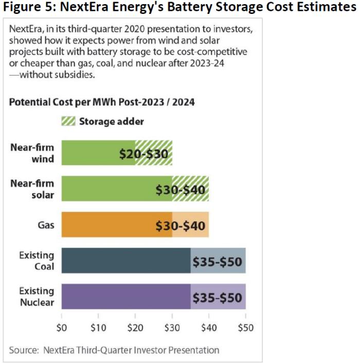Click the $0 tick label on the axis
(x=62, y=326)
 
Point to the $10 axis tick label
(x=98, y=326)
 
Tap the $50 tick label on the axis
(x=245, y=326)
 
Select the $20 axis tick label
(x=135, y=326)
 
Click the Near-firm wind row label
(x=40, y=153)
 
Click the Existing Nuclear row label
(x=37, y=297)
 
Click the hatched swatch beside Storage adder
(x=68, y=122)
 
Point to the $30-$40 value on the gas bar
(x=181, y=225)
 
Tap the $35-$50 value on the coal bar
(x=217, y=261)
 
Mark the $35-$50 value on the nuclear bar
(x=217, y=297)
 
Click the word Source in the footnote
(x=23, y=350)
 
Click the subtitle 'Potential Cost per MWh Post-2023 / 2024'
(x=102, y=102)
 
